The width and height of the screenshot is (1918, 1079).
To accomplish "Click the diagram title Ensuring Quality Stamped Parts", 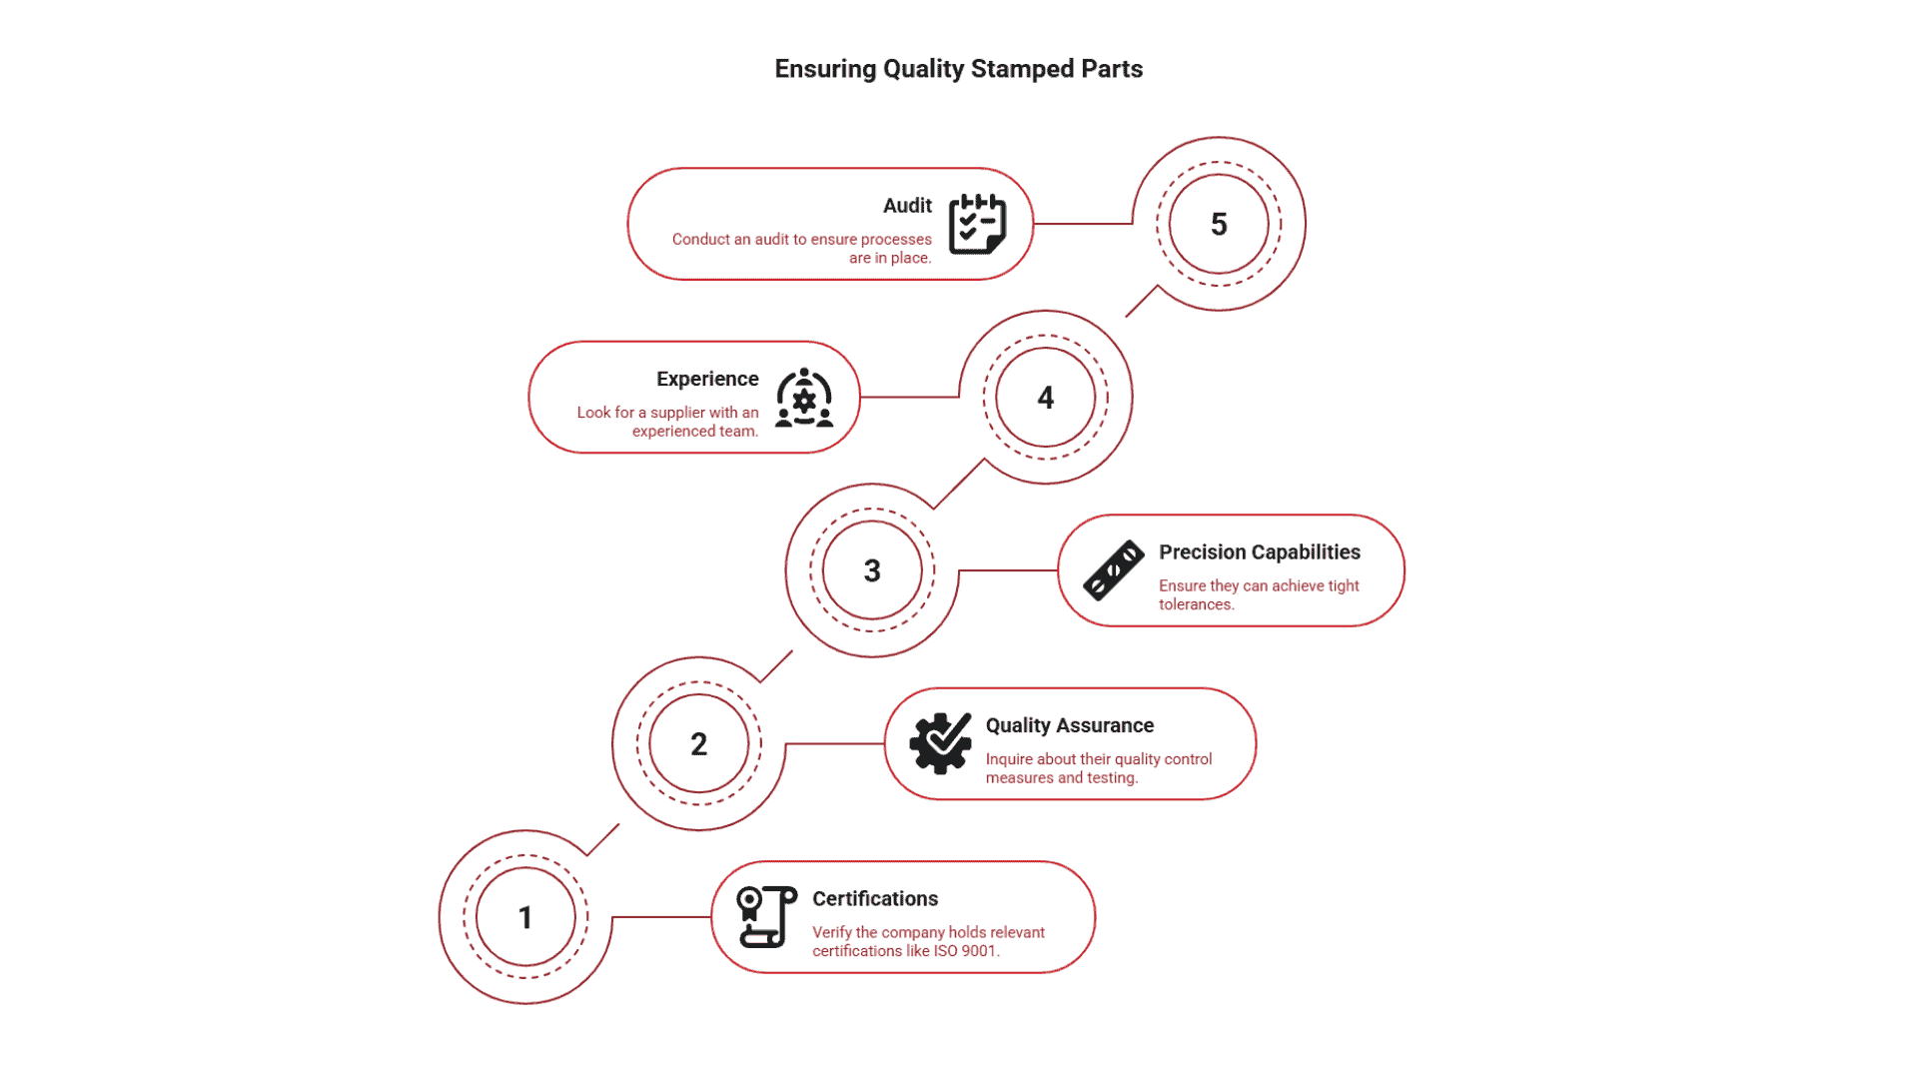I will click(958, 69).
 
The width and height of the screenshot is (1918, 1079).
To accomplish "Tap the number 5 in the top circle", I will click(1219, 224).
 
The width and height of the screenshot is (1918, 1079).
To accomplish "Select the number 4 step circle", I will click(1045, 398).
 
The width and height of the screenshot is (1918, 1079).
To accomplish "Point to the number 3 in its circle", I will click(872, 570).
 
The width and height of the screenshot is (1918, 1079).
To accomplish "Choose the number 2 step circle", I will click(698, 744).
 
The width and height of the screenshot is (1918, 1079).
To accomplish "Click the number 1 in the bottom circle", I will click(525, 917).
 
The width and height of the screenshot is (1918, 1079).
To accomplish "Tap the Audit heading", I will click(907, 206).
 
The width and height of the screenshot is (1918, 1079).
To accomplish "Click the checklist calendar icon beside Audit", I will click(976, 224).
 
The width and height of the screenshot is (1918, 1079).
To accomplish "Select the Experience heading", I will click(707, 379).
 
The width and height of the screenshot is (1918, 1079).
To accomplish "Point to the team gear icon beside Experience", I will click(804, 398).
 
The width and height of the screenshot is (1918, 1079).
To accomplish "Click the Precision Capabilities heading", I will click(1259, 552).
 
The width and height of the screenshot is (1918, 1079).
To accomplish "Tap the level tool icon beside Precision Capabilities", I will click(1113, 570).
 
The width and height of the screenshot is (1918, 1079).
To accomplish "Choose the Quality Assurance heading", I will click(1069, 725).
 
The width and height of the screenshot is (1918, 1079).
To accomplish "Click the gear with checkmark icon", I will click(940, 743).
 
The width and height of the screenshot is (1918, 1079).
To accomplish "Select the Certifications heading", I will click(874, 899).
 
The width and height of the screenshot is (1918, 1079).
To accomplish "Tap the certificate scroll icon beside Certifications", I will click(766, 916).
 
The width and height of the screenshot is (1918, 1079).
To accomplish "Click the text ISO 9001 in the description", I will click(964, 951).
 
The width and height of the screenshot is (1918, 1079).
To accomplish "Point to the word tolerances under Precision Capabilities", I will click(1195, 604).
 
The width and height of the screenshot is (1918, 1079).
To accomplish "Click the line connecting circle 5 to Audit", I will click(1083, 224).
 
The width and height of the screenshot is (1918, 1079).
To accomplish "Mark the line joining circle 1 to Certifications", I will click(660, 917).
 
